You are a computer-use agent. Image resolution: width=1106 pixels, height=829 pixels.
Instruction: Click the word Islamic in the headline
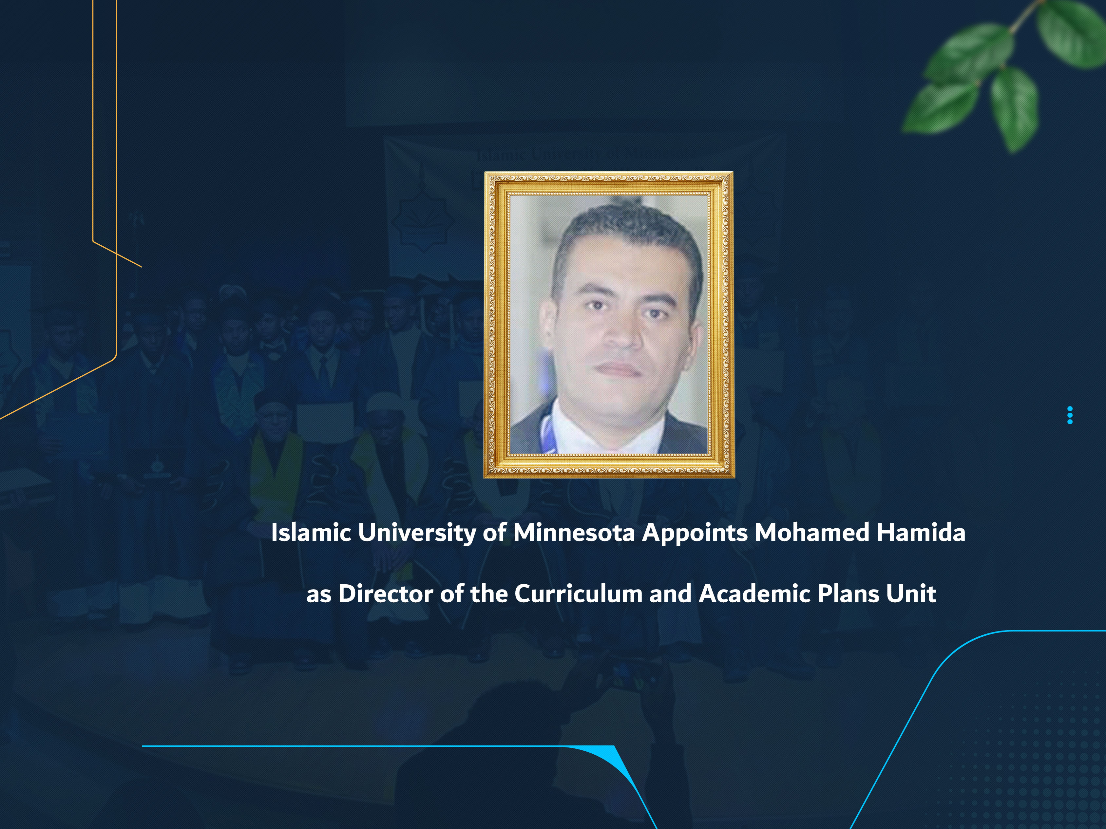coord(310,533)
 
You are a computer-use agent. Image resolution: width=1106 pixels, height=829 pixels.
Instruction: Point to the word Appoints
coord(695,533)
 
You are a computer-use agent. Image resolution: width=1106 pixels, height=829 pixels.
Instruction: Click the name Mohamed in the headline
coord(812,533)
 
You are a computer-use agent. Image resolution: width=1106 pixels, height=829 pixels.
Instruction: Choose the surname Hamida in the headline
coord(921,533)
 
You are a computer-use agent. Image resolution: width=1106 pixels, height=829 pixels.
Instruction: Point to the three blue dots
coord(1070,416)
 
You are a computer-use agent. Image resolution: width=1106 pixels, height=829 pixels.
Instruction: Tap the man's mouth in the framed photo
coord(620,369)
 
